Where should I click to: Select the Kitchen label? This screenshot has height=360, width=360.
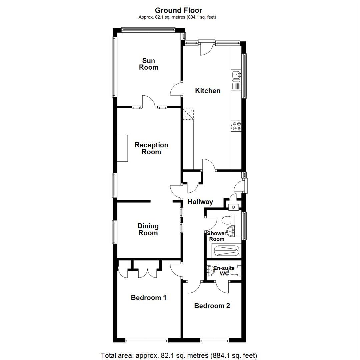click(x=207, y=91)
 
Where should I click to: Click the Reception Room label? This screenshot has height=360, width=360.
click(x=151, y=149)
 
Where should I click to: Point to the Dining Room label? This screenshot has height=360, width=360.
click(x=148, y=229)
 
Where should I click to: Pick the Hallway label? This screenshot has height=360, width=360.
click(x=200, y=202)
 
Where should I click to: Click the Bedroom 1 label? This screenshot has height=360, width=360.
click(x=148, y=298)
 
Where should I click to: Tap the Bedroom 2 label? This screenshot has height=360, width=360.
click(x=212, y=306)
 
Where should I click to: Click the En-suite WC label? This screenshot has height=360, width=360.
click(x=224, y=271)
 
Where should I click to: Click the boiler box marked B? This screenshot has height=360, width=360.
click(x=233, y=207)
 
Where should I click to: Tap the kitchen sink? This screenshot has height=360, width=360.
click(x=236, y=76)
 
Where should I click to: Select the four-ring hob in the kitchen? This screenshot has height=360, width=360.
click(x=237, y=126)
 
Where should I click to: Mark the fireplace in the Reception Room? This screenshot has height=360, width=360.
click(x=122, y=148)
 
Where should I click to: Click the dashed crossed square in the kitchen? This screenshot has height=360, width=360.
click(x=188, y=114)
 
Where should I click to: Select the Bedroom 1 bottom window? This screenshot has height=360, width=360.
click(x=147, y=340)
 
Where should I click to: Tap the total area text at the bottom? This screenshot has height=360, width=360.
click(x=179, y=355)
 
